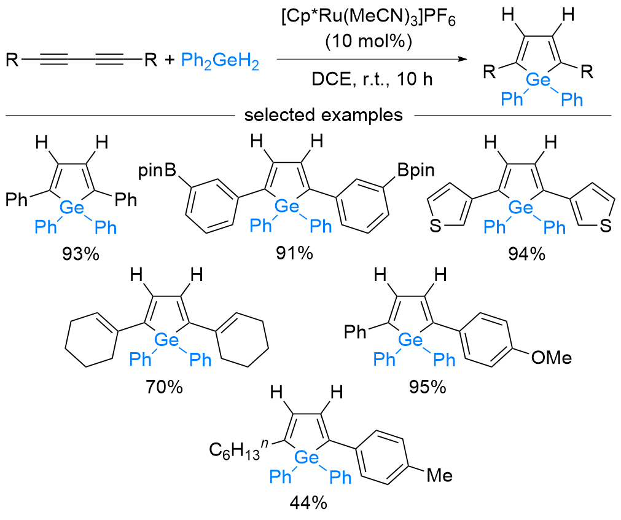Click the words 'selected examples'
324,115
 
